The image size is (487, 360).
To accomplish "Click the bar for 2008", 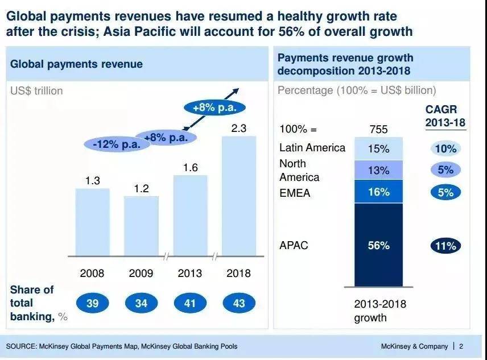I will tap(93, 222).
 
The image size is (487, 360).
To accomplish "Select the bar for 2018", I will tap(239, 196).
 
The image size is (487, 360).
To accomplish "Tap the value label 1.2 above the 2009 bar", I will tap(141, 188).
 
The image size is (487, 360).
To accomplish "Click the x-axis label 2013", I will tap(190, 273).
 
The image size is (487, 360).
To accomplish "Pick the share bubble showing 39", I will tap(93, 303).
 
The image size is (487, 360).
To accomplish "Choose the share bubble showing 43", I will tap(239, 303).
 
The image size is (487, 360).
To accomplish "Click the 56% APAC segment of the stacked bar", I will tap(378, 246).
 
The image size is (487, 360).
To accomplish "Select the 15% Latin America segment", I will tap(378, 149).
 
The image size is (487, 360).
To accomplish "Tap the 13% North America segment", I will tap(378, 170).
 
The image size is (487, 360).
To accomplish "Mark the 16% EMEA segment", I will tap(378, 192).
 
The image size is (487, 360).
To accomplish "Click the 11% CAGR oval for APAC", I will tap(445, 246).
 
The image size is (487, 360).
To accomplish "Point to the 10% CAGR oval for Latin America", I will tap(445, 149).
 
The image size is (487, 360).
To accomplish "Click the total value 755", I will tap(378, 130).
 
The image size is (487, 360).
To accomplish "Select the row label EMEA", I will tap(295, 193).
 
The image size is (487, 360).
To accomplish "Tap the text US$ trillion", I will tap(36, 90).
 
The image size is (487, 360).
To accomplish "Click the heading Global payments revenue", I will tap(76, 64).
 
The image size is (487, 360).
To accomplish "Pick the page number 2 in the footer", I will tap(461, 346).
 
